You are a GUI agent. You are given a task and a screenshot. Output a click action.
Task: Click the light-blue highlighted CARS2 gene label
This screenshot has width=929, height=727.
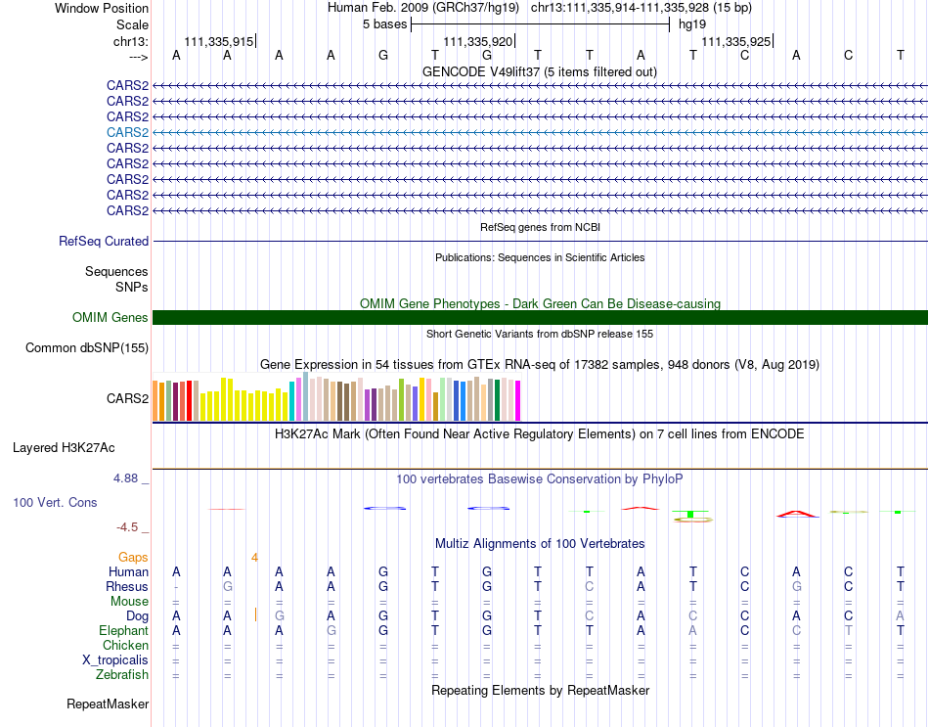tap(127, 132)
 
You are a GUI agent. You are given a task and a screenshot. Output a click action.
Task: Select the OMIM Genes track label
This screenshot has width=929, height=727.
tap(110, 317)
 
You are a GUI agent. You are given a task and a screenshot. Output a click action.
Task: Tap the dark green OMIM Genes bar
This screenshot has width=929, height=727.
tap(540, 317)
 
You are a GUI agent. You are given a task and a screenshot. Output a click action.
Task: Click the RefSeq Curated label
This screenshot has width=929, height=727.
tap(104, 242)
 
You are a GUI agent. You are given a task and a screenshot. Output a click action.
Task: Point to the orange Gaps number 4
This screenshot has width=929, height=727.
tap(254, 558)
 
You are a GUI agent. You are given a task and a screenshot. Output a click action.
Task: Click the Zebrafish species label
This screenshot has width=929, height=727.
tap(122, 675)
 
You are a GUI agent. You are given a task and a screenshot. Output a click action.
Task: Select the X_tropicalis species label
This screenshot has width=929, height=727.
tap(115, 660)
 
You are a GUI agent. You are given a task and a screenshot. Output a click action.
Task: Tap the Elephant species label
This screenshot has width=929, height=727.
tap(124, 630)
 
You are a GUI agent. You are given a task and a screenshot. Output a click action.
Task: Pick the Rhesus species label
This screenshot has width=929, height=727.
tap(127, 586)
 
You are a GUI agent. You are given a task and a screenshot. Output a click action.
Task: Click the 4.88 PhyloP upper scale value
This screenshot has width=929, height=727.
tap(125, 477)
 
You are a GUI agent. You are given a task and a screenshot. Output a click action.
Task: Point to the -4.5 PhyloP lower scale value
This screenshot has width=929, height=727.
tap(127, 527)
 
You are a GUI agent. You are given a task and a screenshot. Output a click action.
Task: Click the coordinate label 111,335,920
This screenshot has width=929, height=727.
tap(477, 41)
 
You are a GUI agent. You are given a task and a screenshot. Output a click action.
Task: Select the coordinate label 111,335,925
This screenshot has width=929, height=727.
tap(735, 41)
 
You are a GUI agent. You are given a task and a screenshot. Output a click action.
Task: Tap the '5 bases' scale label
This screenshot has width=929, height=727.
tap(385, 24)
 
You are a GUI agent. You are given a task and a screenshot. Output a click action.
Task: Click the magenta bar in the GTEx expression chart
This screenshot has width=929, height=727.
tap(518, 401)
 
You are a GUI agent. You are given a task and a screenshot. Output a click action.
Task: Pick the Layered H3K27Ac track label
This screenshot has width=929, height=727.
tap(64, 448)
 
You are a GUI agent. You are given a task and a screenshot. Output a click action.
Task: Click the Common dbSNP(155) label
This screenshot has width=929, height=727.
tap(87, 348)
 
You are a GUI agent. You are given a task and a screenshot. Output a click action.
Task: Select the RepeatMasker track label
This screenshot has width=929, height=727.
tap(108, 704)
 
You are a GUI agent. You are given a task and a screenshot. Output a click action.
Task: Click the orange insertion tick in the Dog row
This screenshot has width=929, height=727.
tap(255, 614)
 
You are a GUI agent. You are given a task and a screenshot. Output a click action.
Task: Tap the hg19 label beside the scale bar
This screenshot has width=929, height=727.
tap(692, 24)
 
